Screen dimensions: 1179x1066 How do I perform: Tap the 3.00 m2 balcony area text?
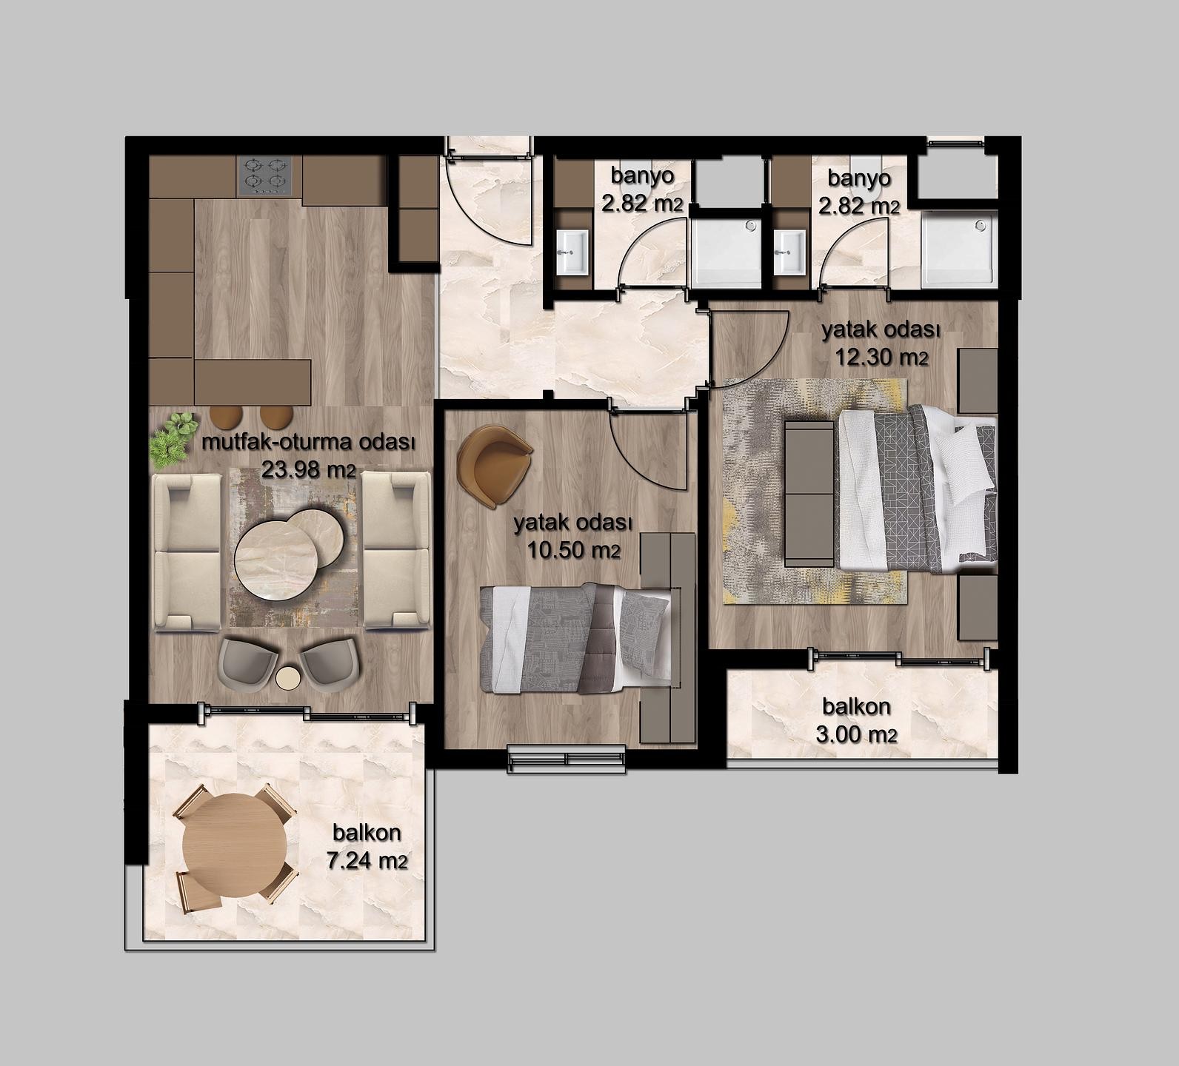860,734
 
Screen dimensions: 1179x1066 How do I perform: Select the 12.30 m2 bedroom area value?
881,358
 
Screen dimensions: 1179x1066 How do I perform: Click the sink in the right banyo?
789,252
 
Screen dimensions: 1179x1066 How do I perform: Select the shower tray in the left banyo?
726,251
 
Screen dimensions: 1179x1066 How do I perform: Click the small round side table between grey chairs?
287,677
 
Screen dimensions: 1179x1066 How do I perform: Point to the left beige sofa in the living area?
187,552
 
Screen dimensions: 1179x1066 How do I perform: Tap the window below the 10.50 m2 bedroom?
567,760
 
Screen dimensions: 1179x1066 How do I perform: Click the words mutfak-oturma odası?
307,444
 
